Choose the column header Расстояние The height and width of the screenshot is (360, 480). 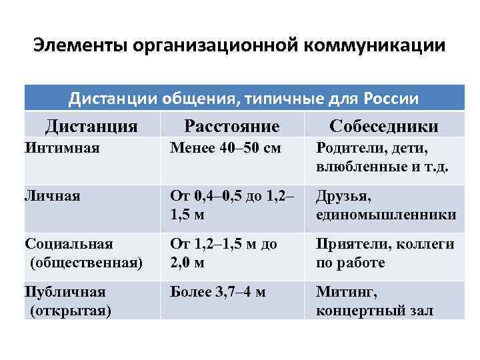click(x=231, y=126)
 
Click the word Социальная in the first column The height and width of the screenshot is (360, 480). click(x=69, y=243)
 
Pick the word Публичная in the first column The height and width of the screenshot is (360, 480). click(x=65, y=291)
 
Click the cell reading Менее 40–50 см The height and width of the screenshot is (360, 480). click(x=225, y=147)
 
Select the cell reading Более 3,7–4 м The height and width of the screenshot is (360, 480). click(x=217, y=291)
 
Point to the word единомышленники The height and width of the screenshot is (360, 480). click(x=386, y=214)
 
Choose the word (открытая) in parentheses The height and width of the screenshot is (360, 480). click(x=70, y=310)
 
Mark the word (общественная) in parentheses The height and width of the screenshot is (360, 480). click(x=86, y=262)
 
